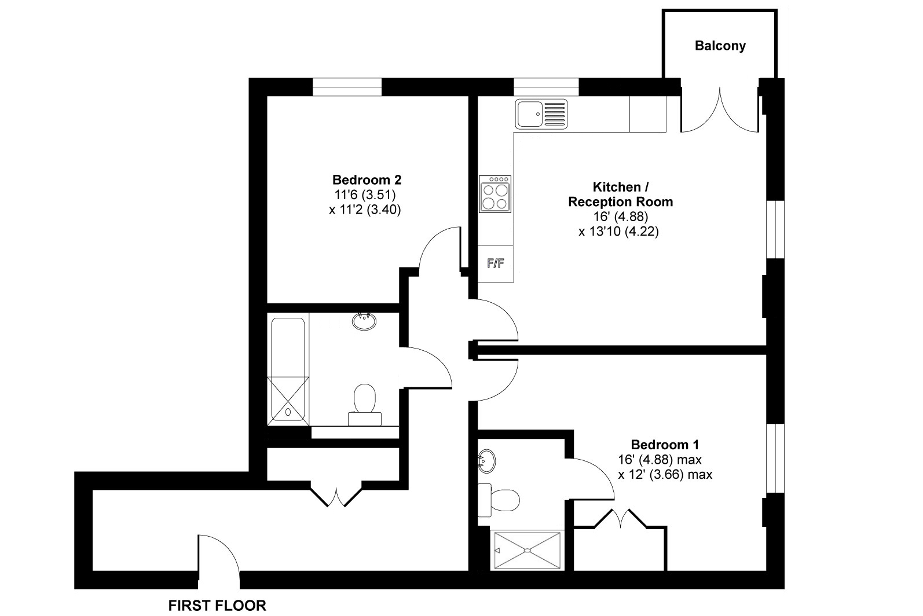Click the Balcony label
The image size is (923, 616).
pyautogui.click(x=720, y=45)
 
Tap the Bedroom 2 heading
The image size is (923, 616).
pyautogui.click(x=367, y=179)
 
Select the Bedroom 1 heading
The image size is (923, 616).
pyautogui.click(x=665, y=445)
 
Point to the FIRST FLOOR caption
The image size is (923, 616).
pyautogui.click(x=217, y=605)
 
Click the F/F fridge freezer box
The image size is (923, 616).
pyautogui.click(x=496, y=263)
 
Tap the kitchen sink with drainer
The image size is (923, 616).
pyautogui.click(x=541, y=113)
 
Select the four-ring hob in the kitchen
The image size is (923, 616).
pyautogui.click(x=495, y=194)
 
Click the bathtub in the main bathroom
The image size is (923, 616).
pyautogui.click(x=288, y=371)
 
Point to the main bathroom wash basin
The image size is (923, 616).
pyautogui.click(x=364, y=321)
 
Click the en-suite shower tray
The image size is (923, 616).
pyautogui.click(x=528, y=550)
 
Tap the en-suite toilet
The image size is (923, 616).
pyautogui.click(x=499, y=500)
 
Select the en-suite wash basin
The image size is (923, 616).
pyautogui.click(x=486, y=461)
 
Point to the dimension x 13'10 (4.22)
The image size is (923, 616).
pyautogui.click(x=618, y=232)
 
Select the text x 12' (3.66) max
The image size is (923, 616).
pyautogui.click(x=665, y=475)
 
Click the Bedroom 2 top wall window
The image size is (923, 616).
pyautogui.click(x=347, y=87)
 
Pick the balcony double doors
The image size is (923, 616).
pyautogui.click(x=719, y=109)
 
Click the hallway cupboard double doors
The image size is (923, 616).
pyautogui.click(x=336, y=498)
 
